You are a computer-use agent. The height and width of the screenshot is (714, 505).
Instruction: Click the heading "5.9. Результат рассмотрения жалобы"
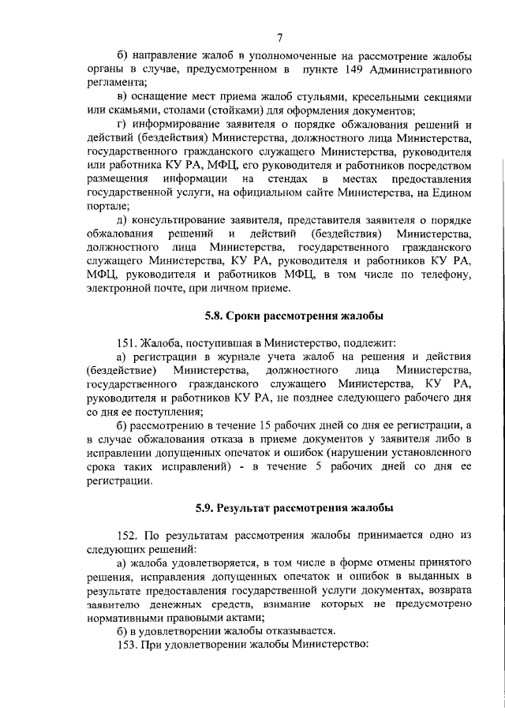pos(293,507)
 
